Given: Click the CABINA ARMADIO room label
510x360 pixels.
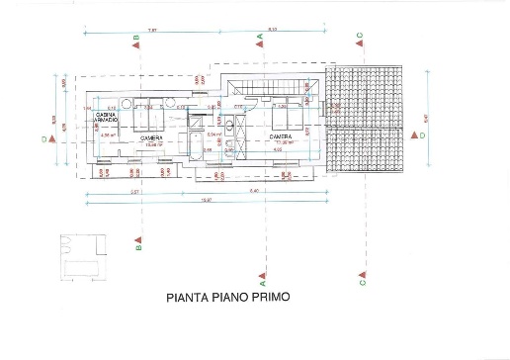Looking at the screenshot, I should pyautogui.click(x=107, y=119).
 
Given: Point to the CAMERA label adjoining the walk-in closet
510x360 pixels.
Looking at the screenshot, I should pyautogui.click(x=151, y=138).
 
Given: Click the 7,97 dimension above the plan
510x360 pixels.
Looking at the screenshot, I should pyautogui.click(x=152, y=31).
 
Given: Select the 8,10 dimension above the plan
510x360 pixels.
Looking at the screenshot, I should pyautogui.click(x=271, y=31).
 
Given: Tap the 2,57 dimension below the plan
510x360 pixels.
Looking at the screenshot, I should pyautogui.click(x=105, y=190).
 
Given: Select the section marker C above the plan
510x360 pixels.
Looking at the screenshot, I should pyautogui.click(x=360, y=35).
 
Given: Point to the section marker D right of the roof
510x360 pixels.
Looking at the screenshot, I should pyautogui.click(x=422, y=135).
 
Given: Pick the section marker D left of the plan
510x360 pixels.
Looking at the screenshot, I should pyautogui.click(x=44, y=139).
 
